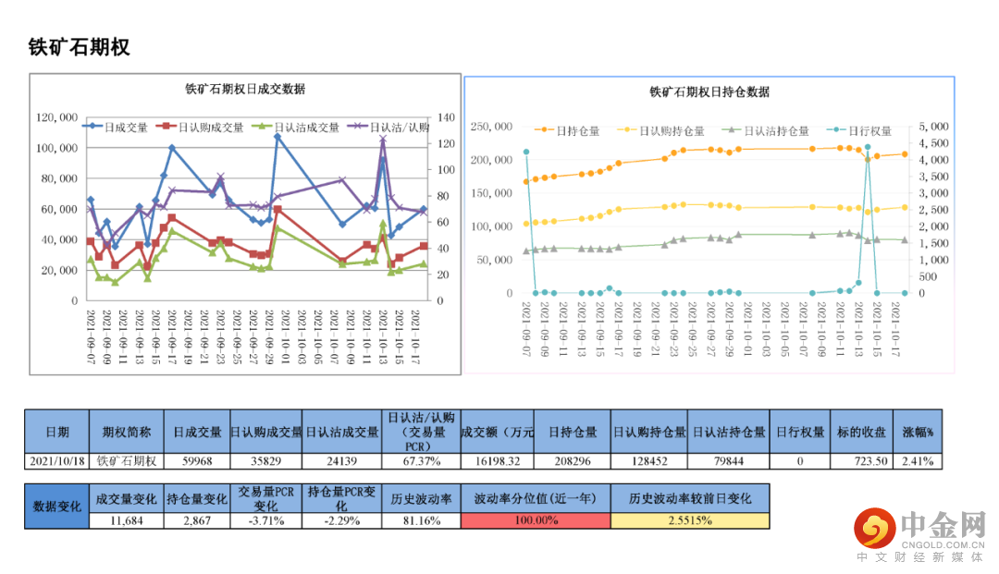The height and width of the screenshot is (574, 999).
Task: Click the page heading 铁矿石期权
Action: click(x=80, y=48)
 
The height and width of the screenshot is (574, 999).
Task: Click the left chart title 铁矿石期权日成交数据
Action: click(x=245, y=90)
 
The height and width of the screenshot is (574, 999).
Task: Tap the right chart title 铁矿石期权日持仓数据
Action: click(x=709, y=92)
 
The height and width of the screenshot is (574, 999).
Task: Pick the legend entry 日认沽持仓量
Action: click(x=776, y=131)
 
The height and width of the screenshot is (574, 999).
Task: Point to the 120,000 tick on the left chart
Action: click(x=57, y=117)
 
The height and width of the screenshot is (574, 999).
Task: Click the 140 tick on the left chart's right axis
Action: click(x=448, y=117)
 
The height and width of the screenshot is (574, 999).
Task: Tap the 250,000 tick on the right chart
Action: click(x=492, y=127)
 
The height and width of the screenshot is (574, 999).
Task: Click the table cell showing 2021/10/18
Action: click(x=57, y=460)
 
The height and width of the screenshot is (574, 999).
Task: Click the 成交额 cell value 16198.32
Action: click(x=497, y=460)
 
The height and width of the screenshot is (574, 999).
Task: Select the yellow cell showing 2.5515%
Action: click(x=689, y=520)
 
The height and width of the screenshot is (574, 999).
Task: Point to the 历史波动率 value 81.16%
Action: click(x=422, y=520)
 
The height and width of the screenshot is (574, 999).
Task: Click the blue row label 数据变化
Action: click(x=57, y=507)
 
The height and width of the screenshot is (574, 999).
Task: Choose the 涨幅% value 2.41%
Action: click(x=919, y=460)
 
